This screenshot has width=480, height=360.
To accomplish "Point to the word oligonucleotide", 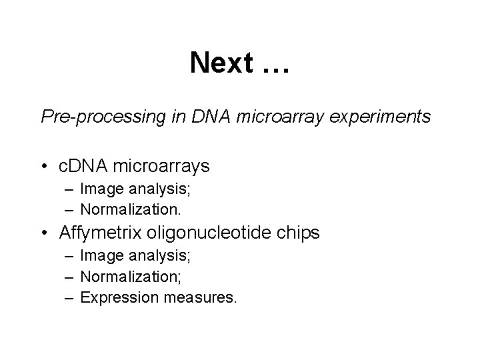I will click(x=213, y=233).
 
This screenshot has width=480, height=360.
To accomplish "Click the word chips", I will click(x=300, y=233).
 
